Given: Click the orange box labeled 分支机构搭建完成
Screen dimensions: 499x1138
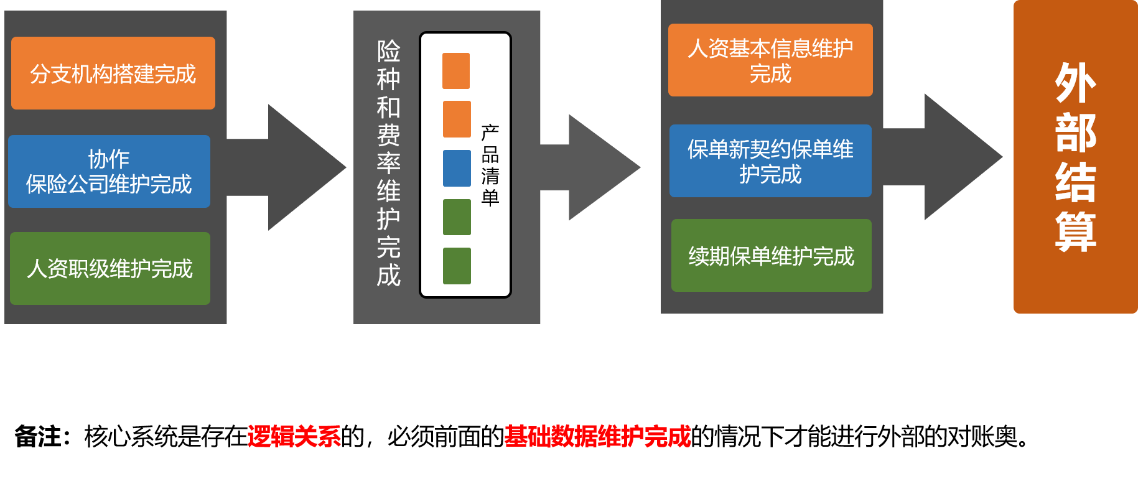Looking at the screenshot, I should click(x=113, y=73).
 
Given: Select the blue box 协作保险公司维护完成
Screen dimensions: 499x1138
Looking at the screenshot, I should click(x=109, y=172).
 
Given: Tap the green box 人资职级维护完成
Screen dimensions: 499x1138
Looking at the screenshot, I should click(x=110, y=269).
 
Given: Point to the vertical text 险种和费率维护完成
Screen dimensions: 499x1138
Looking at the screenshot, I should click(x=388, y=163).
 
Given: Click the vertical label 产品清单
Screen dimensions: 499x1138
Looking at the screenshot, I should click(x=490, y=165).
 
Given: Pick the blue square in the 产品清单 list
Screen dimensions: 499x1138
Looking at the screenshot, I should click(x=457, y=168).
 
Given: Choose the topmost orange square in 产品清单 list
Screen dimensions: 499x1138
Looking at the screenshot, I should click(x=456, y=71).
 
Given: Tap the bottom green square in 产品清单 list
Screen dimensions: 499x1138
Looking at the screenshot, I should click(x=457, y=266).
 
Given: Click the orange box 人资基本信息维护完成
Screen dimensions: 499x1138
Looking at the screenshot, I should click(x=770, y=60).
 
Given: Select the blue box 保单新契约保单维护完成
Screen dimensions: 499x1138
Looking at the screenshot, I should click(x=770, y=161).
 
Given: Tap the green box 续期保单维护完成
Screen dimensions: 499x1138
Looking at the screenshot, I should click(x=772, y=256).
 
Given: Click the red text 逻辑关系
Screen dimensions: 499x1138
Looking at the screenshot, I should click(x=294, y=436).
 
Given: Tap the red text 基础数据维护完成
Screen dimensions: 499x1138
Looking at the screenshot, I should click(x=597, y=436).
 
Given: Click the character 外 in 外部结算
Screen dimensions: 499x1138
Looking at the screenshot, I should click(x=1075, y=83).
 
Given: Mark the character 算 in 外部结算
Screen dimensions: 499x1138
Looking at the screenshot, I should click(x=1075, y=232).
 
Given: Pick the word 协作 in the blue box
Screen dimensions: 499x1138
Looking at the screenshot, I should click(x=109, y=159).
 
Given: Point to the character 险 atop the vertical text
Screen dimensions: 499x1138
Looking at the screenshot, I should click(x=388, y=51).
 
